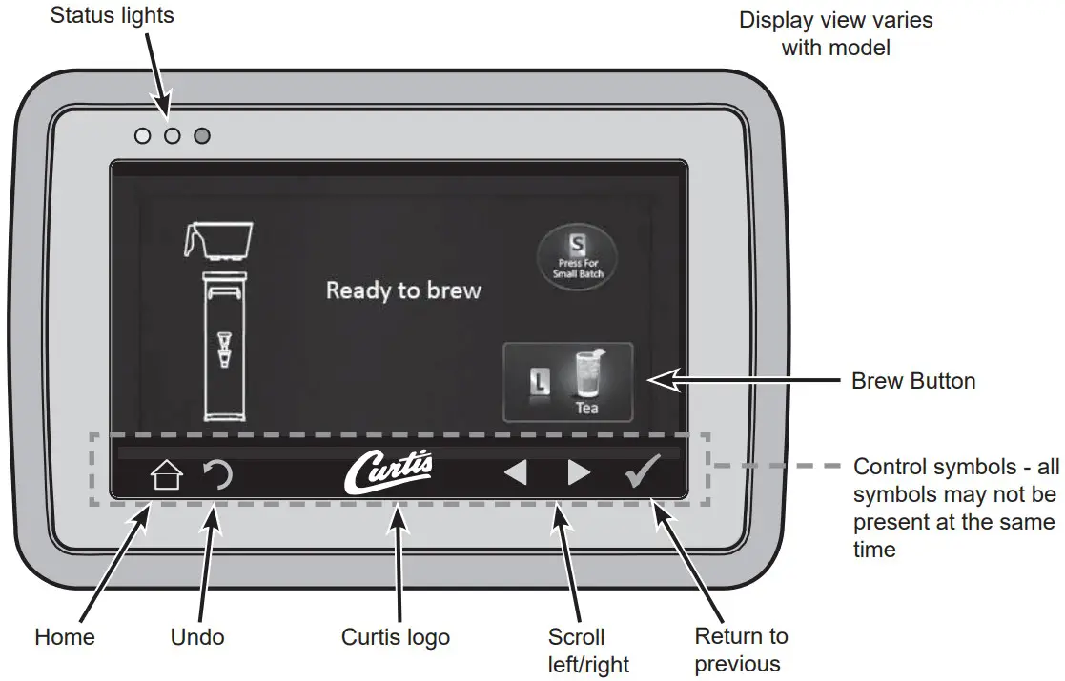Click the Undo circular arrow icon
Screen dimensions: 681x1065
click(x=219, y=473)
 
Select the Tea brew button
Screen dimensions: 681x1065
click(x=567, y=382)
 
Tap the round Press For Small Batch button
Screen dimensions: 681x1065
click(x=578, y=258)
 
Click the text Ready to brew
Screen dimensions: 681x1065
click(x=403, y=290)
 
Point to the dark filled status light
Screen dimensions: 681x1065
click(x=201, y=136)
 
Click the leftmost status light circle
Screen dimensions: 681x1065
click(x=143, y=136)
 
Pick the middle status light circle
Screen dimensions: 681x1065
click(x=172, y=136)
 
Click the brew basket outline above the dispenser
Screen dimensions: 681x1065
click(x=219, y=241)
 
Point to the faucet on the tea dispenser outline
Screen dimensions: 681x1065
click(x=223, y=348)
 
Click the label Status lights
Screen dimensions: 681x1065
click(x=113, y=16)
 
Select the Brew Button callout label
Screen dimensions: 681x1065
click(x=912, y=381)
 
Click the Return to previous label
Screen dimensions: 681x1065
click(x=740, y=650)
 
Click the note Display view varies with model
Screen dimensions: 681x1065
click(x=835, y=33)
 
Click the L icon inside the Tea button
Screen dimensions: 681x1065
click(x=536, y=382)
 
